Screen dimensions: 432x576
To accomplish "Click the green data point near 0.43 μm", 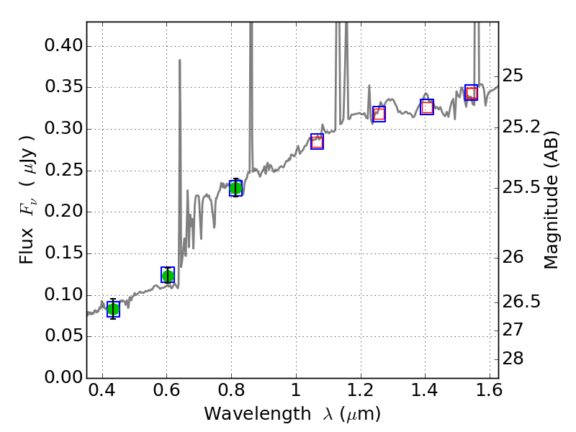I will pyautogui.click(x=113, y=310).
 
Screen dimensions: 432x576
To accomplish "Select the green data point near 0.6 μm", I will pyautogui.click(x=168, y=276).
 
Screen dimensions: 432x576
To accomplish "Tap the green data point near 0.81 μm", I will pyautogui.click(x=235, y=188).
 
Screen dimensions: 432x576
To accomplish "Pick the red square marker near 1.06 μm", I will pyautogui.click(x=317, y=141).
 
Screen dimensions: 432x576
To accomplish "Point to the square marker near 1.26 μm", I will pyautogui.click(x=379, y=114).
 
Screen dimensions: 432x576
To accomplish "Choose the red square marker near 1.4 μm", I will pyautogui.click(x=427, y=107).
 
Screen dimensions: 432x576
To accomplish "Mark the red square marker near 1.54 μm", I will pyautogui.click(x=472, y=93).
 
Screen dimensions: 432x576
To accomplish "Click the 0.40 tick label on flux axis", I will pyautogui.click(x=63, y=46).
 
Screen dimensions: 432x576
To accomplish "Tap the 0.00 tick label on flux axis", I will pyautogui.click(x=63, y=378).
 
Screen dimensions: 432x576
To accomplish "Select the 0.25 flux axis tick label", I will pyautogui.click(x=63, y=171).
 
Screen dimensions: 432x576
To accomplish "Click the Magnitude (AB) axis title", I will pyautogui.click(x=552, y=200).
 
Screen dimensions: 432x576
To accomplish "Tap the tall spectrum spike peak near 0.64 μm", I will pyautogui.click(x=179, y=61).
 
